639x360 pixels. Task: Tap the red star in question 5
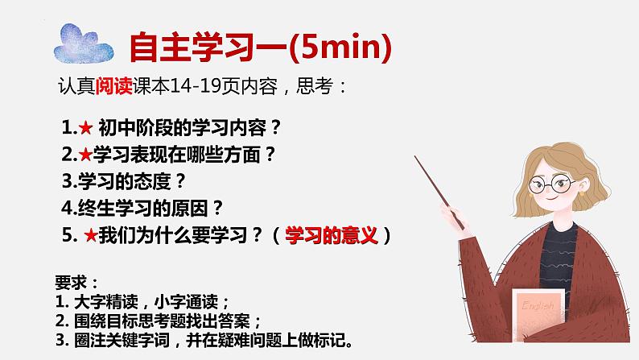click(x=91, y=235)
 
